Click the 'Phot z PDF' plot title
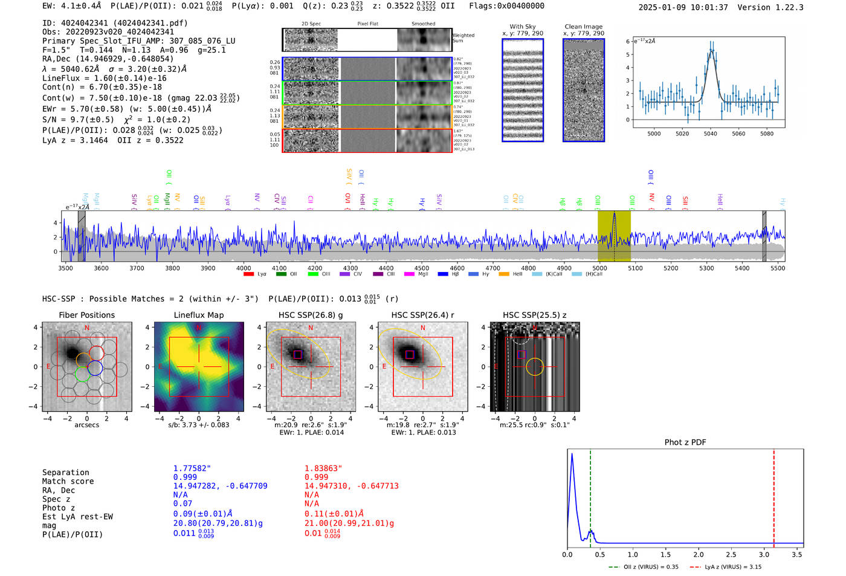pyautogui.click(x=685, y=442)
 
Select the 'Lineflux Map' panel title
pyautogui.click(x=198, y=315)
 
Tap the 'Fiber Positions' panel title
pyautogui.click(x=86, y=315)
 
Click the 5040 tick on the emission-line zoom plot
pyautogui.click(x=710, y=134)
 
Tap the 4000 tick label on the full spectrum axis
pyautogui.click(x=244, y=268)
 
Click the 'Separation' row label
pyautogui.click(x=66, y=473)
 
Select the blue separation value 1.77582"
pyautogui.click(x=192, y=468)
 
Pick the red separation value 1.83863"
pyautogui.click(x=323, y=468)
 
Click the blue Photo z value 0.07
pyautogui.click(x=182, y=503)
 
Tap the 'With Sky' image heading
pyautogui.click(x=523, y=27)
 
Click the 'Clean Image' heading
pyautogui.click(x=583, y=27)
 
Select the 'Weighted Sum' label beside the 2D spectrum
pyautogui.click(x=463, y=38)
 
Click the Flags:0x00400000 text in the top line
pyautogui.click(x=506, y=6)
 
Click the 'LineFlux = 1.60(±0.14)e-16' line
pyautogui.click(x=105, y=79)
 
